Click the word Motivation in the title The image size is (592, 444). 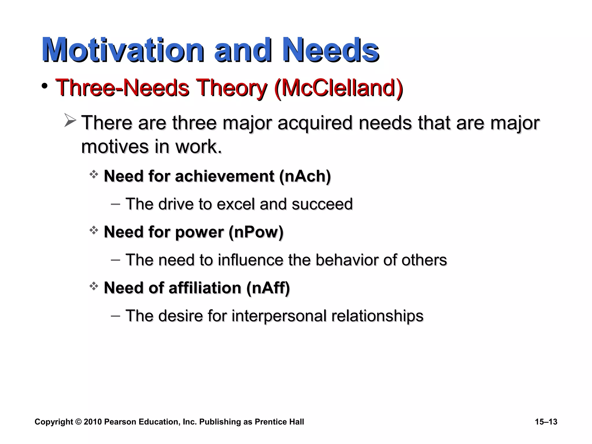tap(123, 50)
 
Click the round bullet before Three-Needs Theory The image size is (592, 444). tap(44, 86)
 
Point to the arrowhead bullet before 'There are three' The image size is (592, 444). tap(70, 120)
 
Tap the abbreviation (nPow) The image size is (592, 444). tap(256, 232)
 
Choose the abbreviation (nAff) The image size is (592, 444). tap(268, 288)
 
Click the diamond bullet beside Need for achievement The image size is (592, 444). tap(94, 175)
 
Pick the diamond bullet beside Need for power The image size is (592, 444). tap(94, 231)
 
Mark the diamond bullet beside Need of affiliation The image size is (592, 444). tap(94, 286)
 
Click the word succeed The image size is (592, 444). tap(322, 204)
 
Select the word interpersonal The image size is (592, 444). tap(279, 316)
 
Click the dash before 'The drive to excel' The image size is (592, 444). tap(115, 204)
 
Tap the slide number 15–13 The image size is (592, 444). tap(546, 422)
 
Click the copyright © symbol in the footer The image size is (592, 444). tap(78, 422)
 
